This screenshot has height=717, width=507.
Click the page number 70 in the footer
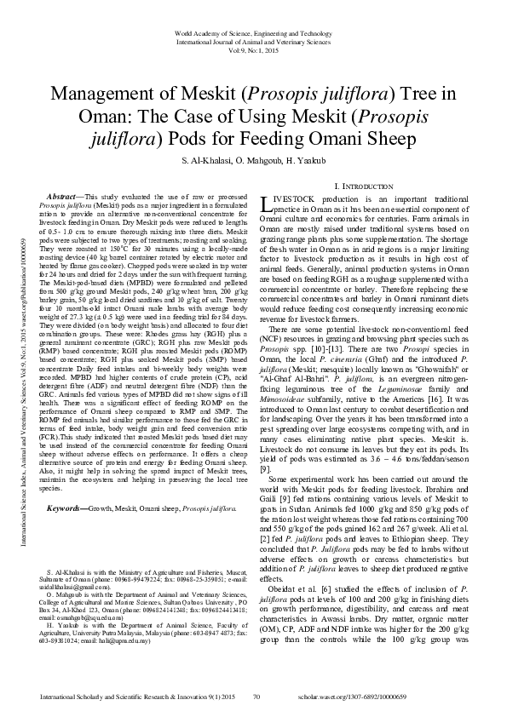pos(256,698)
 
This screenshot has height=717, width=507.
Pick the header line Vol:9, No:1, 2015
pos(254,48)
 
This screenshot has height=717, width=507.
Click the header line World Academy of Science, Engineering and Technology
pos(254,32)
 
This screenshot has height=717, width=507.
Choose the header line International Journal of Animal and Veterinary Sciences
pos(254,39)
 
